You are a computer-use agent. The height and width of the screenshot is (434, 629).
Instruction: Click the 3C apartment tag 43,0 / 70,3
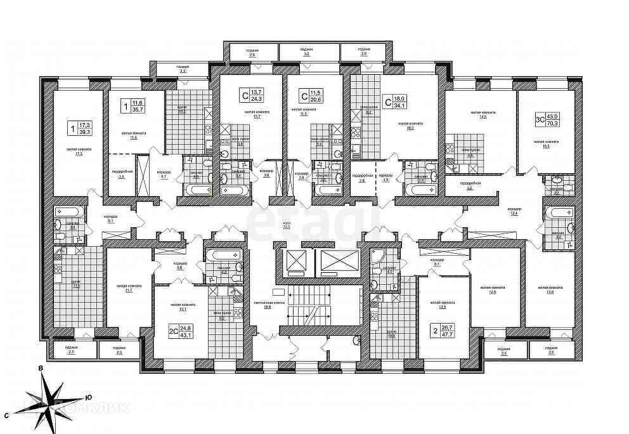[x=554, y=119]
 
